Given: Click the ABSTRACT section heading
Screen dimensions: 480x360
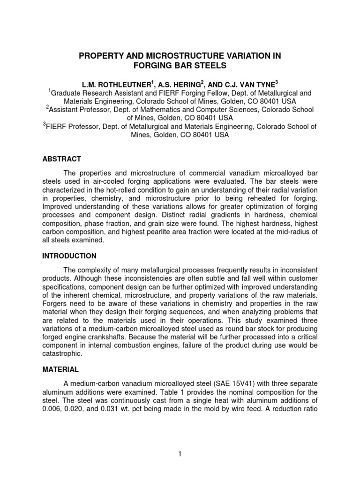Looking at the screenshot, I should pyautogui.click(x=61, y=159).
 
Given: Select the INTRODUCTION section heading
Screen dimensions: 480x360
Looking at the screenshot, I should pyautogui.click(x=69, y=256).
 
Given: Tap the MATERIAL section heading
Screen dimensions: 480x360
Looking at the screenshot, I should pyautogui.click(x=60, y=369).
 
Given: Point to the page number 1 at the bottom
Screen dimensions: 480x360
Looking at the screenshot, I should pyautogui.click(x=180, y=454).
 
